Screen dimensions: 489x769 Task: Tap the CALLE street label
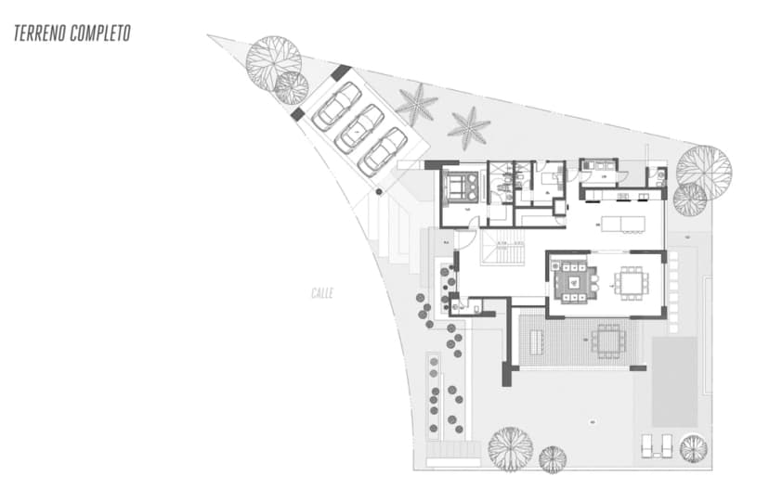coord(322,293)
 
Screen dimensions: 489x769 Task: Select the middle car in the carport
coord(359,128)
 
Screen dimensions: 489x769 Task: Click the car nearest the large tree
coord(336,106)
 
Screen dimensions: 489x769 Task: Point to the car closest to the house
coord(383,150)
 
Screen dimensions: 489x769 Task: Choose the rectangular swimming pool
coord(674,380)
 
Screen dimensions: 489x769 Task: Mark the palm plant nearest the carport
coord(416,104)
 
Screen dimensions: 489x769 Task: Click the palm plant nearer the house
coord(469,126)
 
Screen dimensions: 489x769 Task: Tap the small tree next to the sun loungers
coord(693,448)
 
